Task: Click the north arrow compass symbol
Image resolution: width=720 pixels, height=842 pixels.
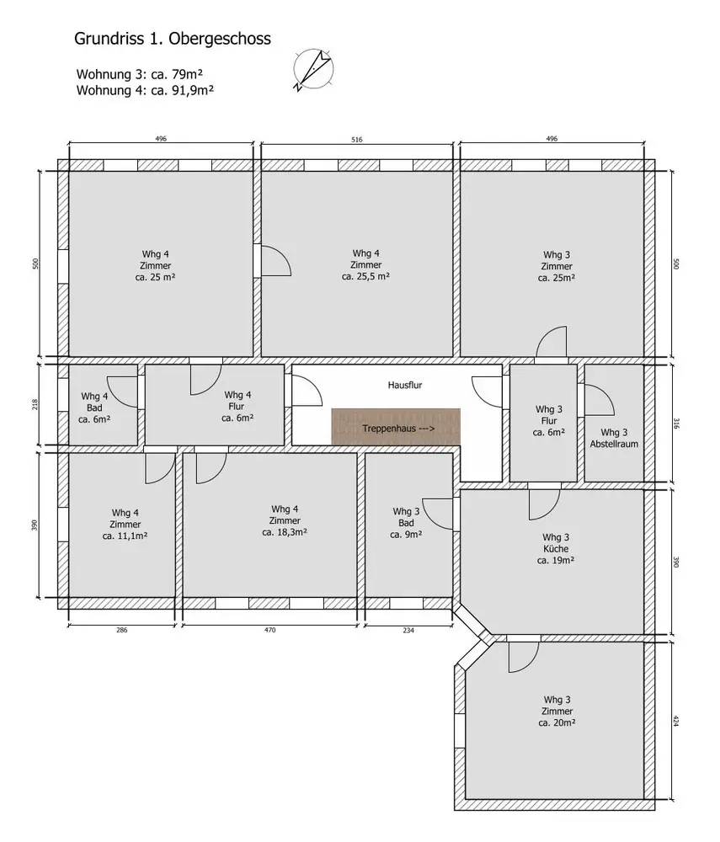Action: [313, 70]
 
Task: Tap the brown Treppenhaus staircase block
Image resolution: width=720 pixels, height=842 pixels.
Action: [396, 427]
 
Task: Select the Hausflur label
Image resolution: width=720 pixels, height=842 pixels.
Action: [405, 385]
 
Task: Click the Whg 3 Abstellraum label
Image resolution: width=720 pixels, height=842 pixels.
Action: [614, 438]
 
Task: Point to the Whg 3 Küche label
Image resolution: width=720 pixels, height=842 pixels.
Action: [556, 549]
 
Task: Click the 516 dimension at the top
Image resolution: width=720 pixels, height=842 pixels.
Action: [357, 140]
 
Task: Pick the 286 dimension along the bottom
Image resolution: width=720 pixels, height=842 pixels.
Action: [122, 630]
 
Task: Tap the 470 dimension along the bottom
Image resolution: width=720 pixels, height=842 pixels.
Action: [269, 630]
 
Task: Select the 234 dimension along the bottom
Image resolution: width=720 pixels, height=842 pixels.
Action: [408, 631]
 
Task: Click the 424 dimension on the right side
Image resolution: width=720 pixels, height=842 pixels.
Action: [676, 721]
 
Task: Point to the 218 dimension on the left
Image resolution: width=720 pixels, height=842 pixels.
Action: [35, 404]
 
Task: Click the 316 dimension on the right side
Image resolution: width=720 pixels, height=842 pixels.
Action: [676, 424]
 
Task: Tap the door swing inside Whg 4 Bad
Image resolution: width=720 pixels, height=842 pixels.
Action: [123, 392]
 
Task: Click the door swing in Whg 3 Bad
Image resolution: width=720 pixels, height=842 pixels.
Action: [438, 514]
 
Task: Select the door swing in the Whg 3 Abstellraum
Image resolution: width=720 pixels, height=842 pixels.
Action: [600, 399]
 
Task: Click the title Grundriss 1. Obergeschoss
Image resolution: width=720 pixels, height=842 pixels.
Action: [173, 39]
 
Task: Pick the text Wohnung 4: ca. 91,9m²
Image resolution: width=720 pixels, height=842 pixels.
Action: [145, 90]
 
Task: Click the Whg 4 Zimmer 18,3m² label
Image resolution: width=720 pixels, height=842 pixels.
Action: [285, 520]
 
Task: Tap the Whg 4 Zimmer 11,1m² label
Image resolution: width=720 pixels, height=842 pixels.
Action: [125, 524]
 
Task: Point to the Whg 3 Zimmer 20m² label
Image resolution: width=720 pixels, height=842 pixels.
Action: [557, 711]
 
